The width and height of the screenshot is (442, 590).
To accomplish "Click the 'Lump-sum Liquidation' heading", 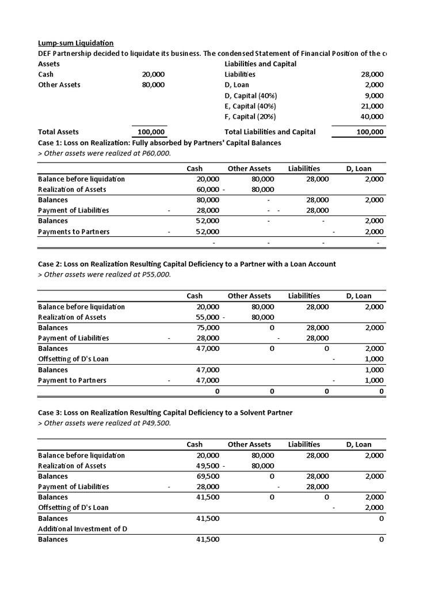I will (75, 43).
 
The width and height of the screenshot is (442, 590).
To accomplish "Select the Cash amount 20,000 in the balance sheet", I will (153, 74).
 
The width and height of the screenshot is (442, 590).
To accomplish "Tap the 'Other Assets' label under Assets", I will (59, 85).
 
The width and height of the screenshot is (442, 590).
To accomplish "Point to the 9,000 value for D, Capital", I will (374, 96).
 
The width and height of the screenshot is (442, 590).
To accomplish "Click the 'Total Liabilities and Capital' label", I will (270, 132).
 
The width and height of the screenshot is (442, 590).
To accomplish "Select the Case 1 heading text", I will (159, 143).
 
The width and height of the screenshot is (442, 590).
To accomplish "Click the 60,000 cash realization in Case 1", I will (208, 190).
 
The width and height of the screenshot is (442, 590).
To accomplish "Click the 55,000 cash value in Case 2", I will (208, 317).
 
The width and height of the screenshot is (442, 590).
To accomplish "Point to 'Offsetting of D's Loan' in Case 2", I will (73, 359).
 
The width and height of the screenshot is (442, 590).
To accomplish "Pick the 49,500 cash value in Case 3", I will (208, 466).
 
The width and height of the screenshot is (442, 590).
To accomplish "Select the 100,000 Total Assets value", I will (151, 132).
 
